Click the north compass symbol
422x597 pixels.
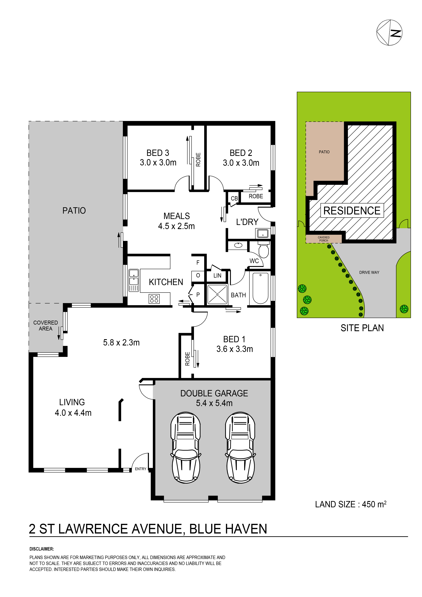pos(389,33)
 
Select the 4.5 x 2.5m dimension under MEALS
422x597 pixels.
pos(176,226)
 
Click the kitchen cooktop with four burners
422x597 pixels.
pos(154,299)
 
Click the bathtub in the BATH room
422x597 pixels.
pos(260,288)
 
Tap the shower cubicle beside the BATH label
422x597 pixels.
pos(217,294)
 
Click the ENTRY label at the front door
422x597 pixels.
pos(141,469)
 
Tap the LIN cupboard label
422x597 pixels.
pos(217,276)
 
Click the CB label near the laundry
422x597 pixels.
pos(234,198)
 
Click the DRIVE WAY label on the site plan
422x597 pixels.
pos(369,272)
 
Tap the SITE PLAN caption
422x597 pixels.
pos(362,328)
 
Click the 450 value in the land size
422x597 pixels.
pos(369,504)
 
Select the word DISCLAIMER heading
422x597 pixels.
pos(42,549)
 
